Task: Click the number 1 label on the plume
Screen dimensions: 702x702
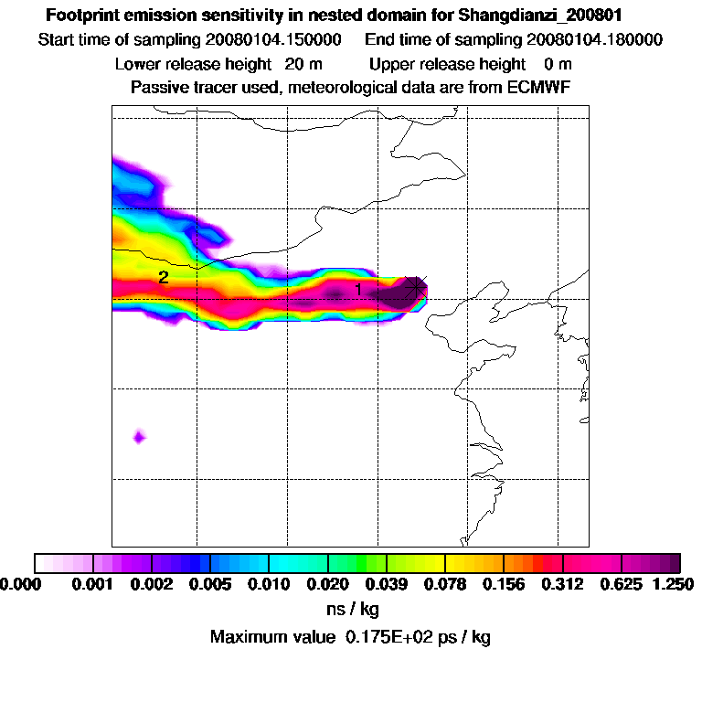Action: coord(358,289)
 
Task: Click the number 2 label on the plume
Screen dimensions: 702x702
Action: coord(163,277)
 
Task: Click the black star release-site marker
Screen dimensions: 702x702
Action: coord(416,286)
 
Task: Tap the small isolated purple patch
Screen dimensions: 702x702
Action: coord(138,437)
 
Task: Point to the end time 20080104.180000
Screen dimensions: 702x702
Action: coord(594,40)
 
